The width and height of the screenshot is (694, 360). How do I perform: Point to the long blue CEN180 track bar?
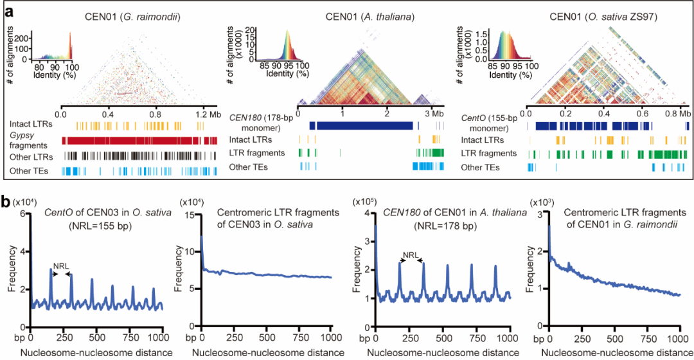[360, 126]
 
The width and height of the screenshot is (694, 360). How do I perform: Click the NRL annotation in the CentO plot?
[62, 265]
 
